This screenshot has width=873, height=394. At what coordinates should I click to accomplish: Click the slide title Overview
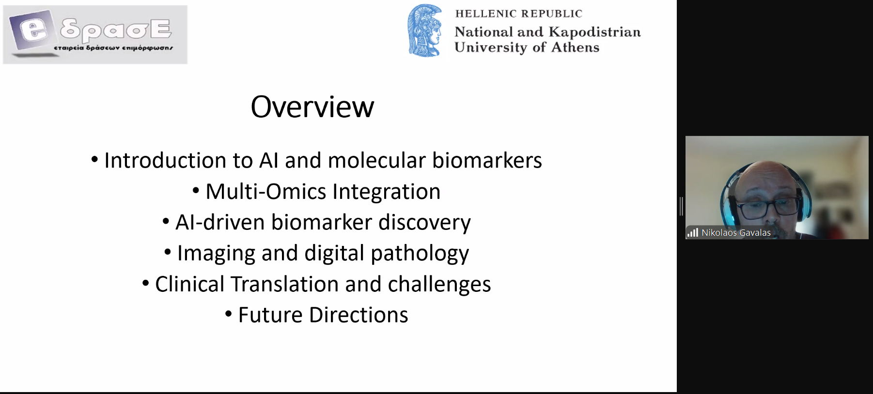[x=312, y=107]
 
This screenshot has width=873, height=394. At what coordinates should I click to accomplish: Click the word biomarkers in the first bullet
[x=487, y=160]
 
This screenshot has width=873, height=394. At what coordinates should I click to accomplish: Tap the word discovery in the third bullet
[x=424, y=223]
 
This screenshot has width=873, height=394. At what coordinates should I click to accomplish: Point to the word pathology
[x=420, y=254]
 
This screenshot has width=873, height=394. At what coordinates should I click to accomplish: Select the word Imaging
[x=216, y=254]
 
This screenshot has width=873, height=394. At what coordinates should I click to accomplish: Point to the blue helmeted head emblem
[x=425, y=31]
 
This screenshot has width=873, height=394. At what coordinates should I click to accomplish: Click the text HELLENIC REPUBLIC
[x=518, y=14]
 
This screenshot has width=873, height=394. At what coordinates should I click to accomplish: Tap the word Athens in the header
[x=575, y=47]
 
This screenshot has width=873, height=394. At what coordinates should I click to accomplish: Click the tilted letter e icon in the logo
[x=32, y=30]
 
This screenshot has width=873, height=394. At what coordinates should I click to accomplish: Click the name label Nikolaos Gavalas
[x=736, y=233]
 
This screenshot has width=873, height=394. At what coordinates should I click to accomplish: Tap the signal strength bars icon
[x=693, y=233]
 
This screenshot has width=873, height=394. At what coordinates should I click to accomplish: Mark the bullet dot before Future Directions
[x=229, y=314]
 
